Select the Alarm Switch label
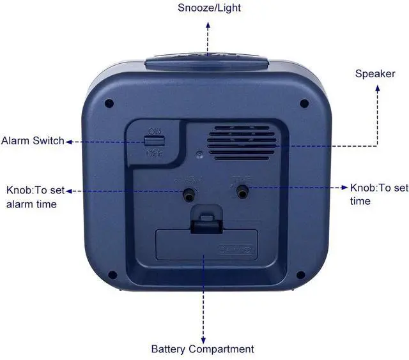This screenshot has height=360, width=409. coord(33,140)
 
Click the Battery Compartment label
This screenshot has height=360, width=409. coord(203,349)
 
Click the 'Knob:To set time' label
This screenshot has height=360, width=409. coord(379,194)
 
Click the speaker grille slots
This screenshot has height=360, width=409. coord(242,141)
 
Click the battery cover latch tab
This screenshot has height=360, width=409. coord(203,220)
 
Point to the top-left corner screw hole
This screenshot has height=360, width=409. coord(109,102)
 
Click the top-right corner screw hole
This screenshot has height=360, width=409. coord(304,103)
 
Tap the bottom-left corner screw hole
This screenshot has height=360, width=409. coord(112,276)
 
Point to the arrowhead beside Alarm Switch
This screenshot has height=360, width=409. coord(69,141)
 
